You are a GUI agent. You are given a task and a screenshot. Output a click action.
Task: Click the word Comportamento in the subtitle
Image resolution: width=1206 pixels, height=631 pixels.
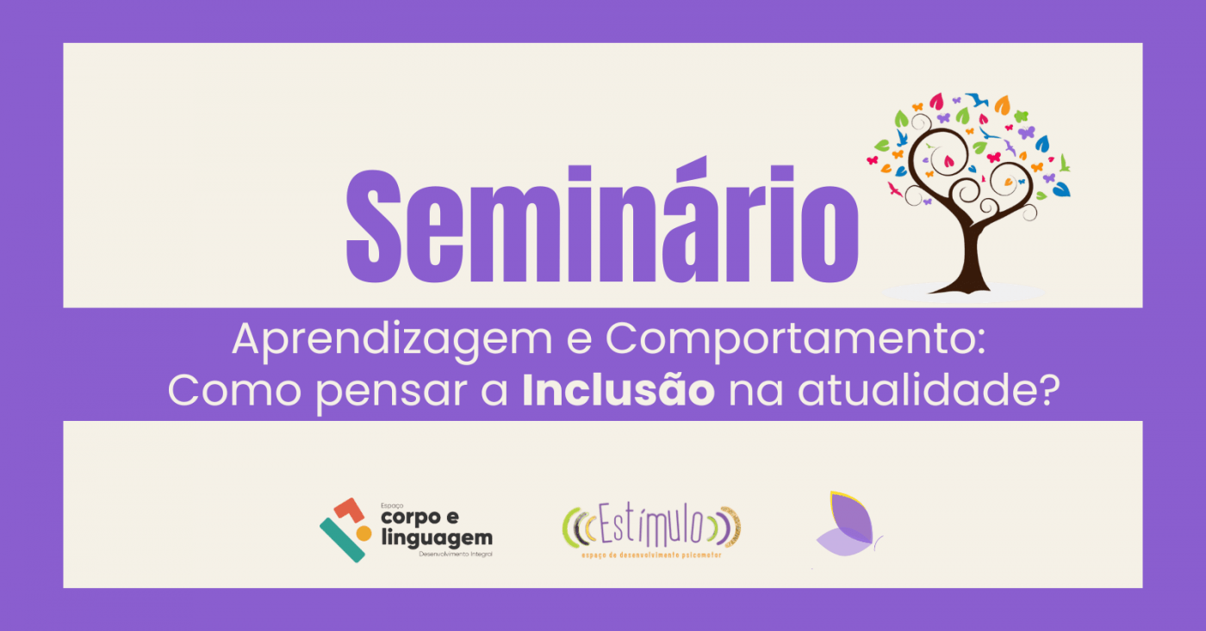[x=788, y=342]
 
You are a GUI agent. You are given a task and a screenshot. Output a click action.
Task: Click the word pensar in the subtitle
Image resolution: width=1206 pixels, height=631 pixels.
[x=401, y=392]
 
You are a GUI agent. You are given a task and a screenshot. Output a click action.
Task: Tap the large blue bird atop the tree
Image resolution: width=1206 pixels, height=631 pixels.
[x=976, y=100]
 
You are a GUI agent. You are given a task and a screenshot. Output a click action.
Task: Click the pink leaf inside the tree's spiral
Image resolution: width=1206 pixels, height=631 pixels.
[x=948, y=159]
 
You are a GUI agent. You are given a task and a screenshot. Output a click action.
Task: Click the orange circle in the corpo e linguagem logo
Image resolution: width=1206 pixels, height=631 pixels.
[x=364, y=534]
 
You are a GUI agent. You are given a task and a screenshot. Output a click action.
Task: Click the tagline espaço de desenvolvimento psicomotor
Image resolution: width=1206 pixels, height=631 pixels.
[x=651, y=555]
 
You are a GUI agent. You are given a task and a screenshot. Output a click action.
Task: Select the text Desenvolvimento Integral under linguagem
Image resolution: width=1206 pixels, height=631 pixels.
[x=456, y=554]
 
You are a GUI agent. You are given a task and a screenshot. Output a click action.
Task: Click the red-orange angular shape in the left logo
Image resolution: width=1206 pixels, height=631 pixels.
[x=347, y=510]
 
